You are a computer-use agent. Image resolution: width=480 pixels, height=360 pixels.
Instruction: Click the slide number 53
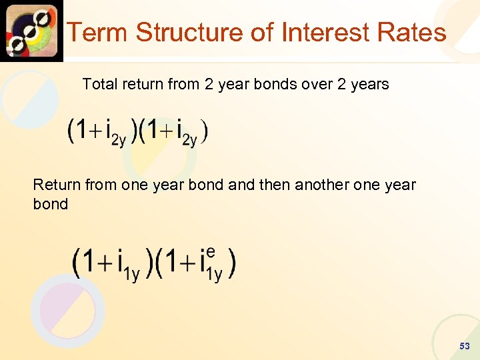(x=465, y=346)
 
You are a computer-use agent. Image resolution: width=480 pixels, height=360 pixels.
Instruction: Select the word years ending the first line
(x=367, y=84)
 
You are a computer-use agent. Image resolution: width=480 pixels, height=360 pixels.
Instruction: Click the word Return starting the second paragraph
(x=55, y=185)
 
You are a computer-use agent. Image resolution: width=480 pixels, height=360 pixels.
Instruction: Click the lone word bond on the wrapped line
(x=50, y=204)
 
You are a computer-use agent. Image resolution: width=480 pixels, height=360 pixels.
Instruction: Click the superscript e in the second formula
(x=211, y=252)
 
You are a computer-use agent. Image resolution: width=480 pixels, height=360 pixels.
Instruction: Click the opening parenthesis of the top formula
(x=71, y=131)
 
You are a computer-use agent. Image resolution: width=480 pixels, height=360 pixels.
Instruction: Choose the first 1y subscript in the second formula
(x=131, y=273)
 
